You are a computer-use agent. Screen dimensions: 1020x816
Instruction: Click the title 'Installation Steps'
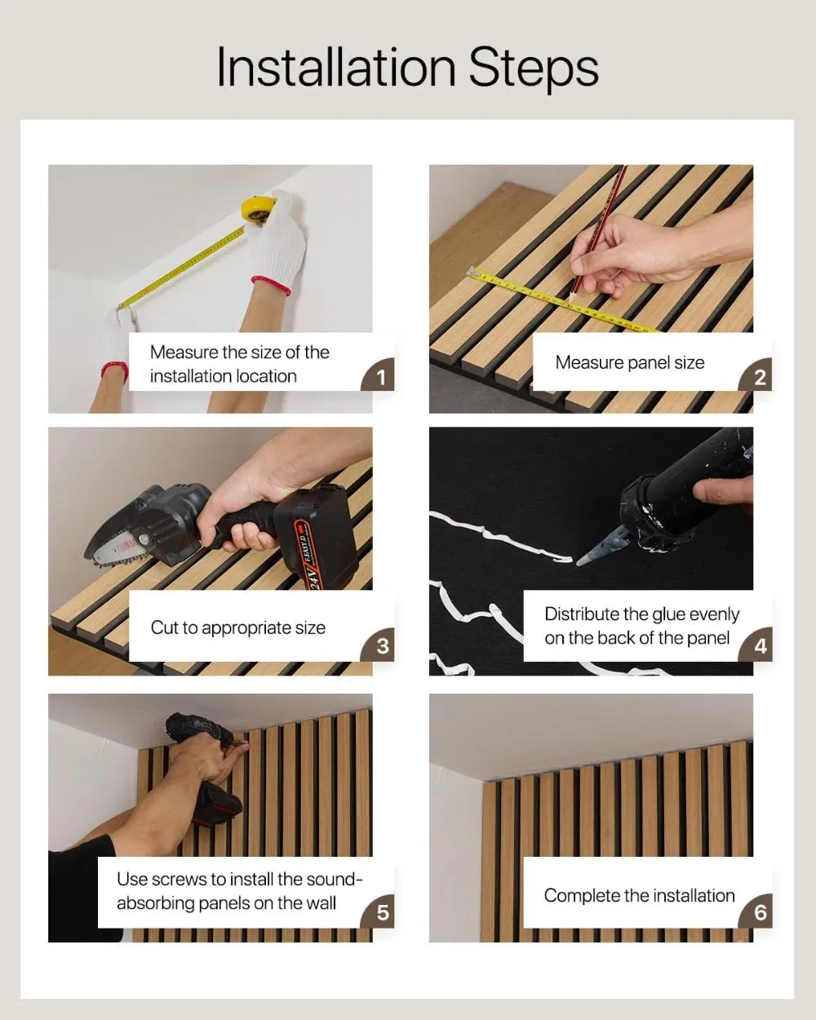(407, 67)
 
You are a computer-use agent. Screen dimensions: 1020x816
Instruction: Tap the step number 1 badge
(380, 377)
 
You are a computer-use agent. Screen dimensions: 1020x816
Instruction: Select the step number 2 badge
(760, 377)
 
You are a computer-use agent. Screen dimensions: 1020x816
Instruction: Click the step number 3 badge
(382, 645)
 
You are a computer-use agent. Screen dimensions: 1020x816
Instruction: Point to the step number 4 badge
(760, 645)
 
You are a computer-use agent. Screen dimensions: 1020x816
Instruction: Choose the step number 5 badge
(382, 911)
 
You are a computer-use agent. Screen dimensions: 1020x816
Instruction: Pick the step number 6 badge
(760, 911)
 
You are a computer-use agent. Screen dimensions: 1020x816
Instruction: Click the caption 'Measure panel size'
(629, 362)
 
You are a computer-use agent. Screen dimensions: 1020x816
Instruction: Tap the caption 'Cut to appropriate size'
(237, 628)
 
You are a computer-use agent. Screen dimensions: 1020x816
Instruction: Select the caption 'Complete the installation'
(639, 895)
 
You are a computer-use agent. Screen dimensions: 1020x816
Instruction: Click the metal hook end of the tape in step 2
(471, 271)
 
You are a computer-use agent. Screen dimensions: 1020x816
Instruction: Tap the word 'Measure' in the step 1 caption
(184, 353)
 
